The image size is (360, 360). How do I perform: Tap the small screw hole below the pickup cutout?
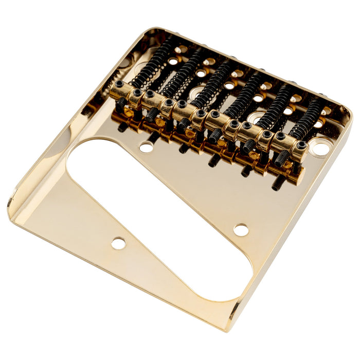(119, 243)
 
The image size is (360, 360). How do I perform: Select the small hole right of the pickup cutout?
(241, 230)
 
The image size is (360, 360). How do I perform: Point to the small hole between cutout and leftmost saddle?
(146, 148)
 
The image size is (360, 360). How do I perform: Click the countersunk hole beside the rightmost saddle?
(319, 150)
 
